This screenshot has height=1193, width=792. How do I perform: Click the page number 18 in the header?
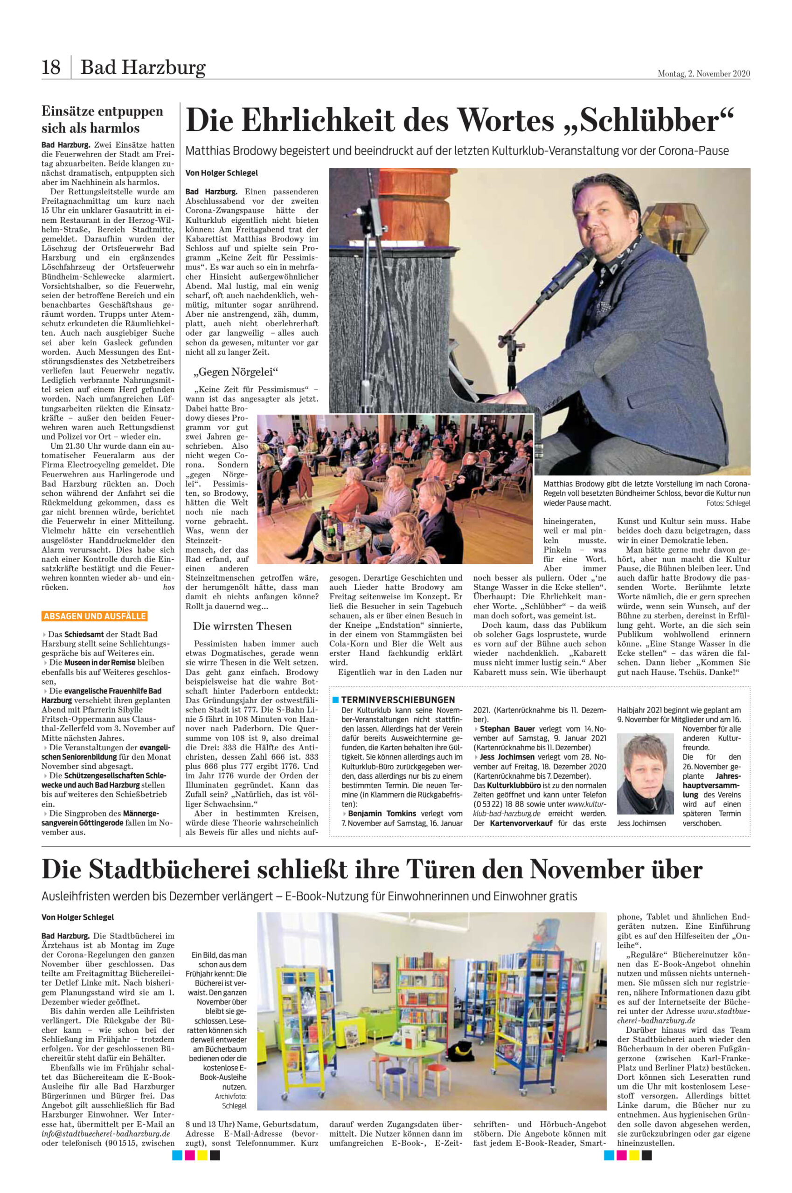click(51, 67)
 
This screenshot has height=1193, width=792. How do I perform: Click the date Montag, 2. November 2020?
click(703, 74)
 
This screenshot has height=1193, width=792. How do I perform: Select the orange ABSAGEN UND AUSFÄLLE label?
click(95, 616)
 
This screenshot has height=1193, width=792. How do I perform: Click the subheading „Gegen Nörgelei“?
click(236, 372)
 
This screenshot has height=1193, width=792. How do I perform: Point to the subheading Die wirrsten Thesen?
click(242, 626)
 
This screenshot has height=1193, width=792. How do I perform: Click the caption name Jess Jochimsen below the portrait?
click(641, 823)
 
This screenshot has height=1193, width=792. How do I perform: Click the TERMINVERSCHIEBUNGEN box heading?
click(397, 699)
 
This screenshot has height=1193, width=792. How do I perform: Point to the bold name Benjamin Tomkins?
click(382, 814)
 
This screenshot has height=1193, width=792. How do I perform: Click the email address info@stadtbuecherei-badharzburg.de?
click(105, 1133)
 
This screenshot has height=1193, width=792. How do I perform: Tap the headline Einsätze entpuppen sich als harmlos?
click(102, 119)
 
